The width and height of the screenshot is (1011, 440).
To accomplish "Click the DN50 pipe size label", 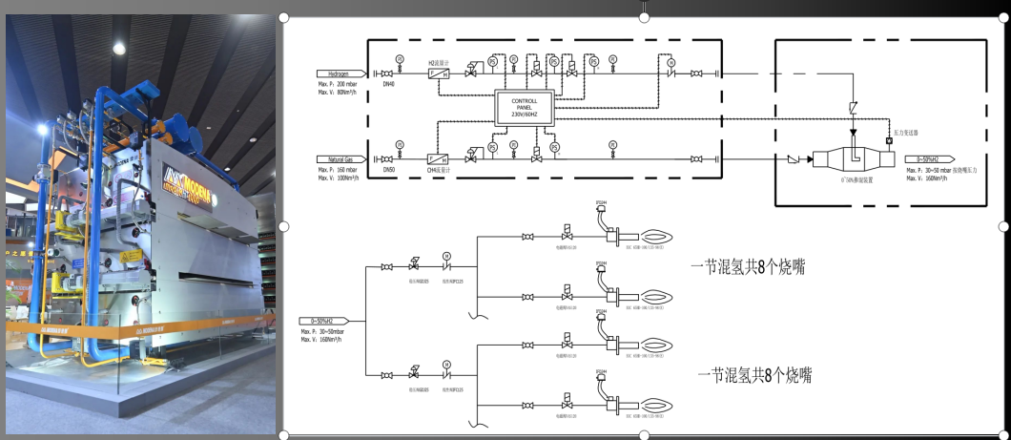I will click(388, 170).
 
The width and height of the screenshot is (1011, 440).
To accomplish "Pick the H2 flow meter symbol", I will click(439, 73).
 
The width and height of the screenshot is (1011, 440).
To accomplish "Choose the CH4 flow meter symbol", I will click(439, 158).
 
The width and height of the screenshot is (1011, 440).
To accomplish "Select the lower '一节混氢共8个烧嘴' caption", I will click(753, 375).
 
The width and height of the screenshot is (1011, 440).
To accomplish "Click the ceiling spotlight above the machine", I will click(119, 48).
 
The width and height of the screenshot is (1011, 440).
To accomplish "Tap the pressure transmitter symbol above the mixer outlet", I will click(889, 141).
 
